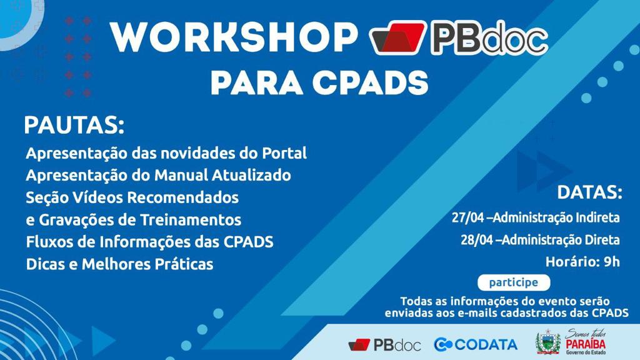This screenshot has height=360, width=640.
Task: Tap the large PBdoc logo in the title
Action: tap(459, 39)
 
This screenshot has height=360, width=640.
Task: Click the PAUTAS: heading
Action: tap(74, 125)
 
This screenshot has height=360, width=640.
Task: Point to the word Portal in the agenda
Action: tap(284, 153)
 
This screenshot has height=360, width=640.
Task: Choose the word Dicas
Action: tap(44, 264)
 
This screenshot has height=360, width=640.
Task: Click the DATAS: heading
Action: tap(589, 192)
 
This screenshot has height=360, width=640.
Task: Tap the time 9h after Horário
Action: tap(611, 261)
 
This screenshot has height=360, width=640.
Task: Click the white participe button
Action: tap(513, 282)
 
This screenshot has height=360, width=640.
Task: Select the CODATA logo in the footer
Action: tap(476, 344)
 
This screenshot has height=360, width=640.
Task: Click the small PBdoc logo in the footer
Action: tap(384, 344)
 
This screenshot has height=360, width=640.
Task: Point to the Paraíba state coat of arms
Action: tap(547, 342)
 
